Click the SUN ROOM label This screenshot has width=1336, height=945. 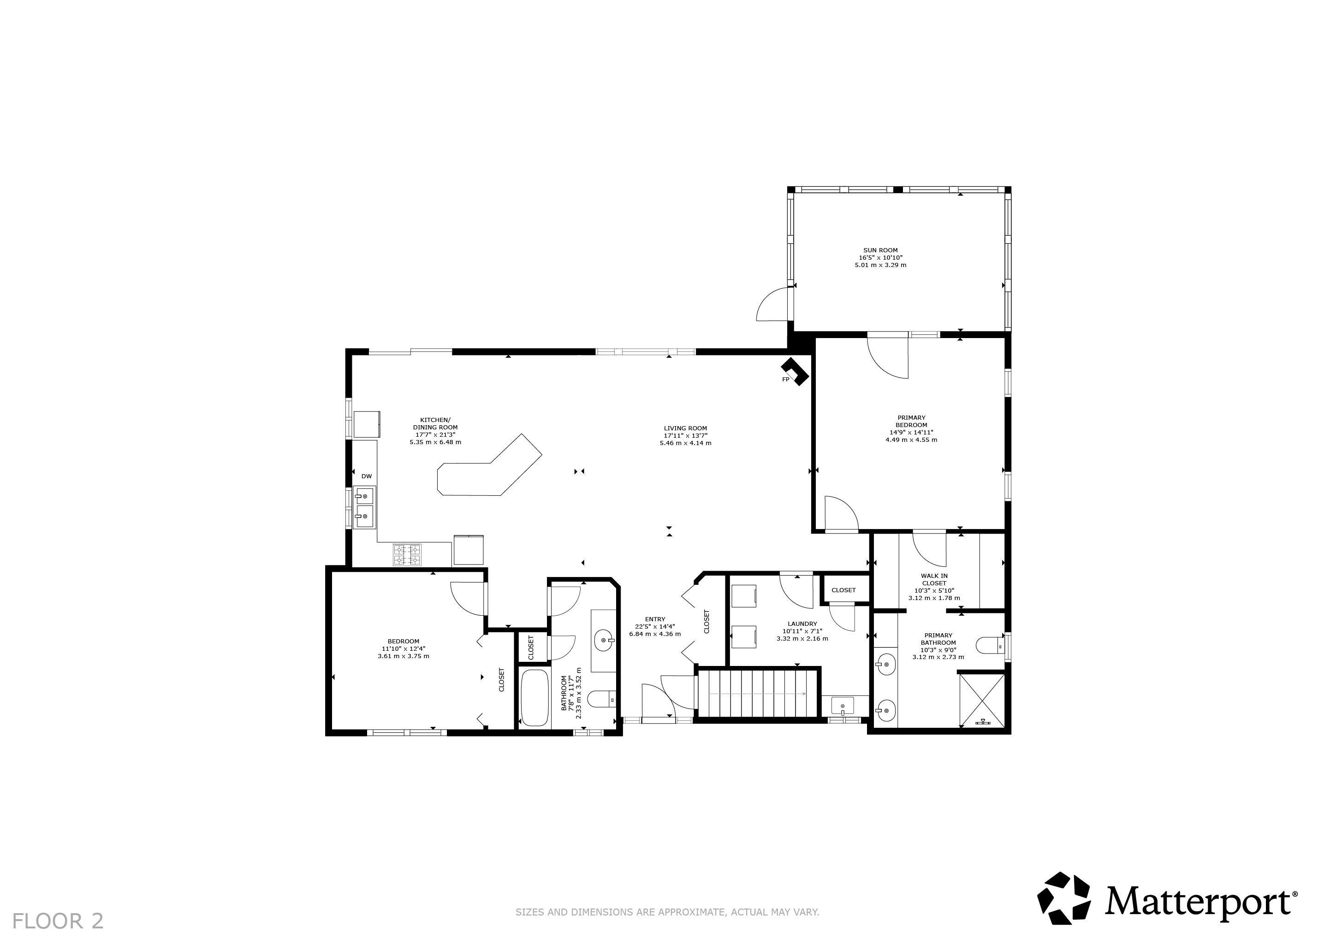coord(880,250)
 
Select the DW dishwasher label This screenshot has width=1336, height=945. coord(367,476)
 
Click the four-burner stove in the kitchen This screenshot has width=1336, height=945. coord(407,554)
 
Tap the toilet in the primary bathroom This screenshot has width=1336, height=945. coord(990,645)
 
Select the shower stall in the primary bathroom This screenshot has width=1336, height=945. coord(982,701)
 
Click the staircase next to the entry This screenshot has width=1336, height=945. coord(757,693)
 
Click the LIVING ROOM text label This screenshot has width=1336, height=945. coord(685,428)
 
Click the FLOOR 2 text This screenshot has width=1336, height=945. coord(58,921)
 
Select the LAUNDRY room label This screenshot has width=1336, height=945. coord(802,624)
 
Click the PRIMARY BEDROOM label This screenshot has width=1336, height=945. coord(911,421)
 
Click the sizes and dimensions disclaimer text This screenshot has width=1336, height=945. coord(667,912)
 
